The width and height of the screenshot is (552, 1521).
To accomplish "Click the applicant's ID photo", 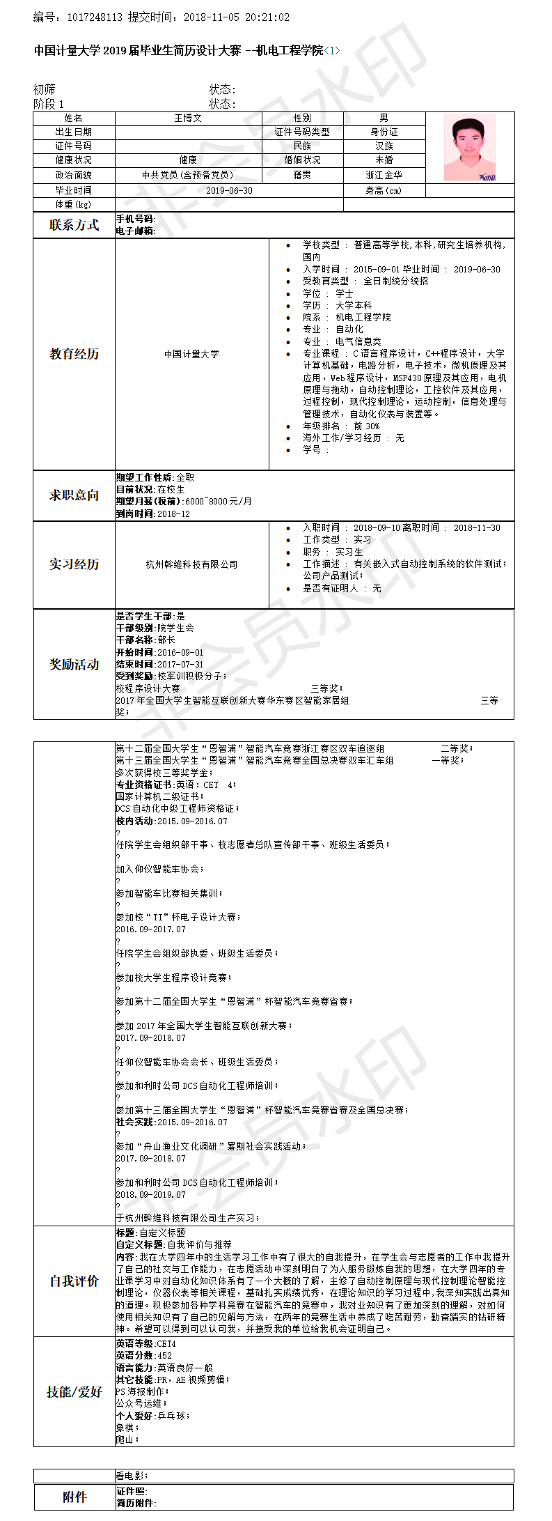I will (x=470, y=148).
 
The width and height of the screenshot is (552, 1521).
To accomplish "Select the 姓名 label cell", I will (x=73, y=118).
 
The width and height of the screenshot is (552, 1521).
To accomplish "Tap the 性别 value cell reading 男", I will (x=384, y=118).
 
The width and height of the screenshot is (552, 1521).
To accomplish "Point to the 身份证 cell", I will (x=384, y=132).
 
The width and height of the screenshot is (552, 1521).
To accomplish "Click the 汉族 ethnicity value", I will (x=384, y=146).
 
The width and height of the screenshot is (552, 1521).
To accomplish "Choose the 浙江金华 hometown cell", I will (x=384, y=176).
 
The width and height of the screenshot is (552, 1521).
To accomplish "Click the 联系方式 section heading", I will (x=74, y=225).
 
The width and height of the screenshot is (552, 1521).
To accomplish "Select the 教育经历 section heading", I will (x=74, y=354).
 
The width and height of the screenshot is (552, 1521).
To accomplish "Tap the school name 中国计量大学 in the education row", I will (x=191, y=354).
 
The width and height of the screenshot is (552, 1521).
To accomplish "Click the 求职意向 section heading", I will (x=74, y=495).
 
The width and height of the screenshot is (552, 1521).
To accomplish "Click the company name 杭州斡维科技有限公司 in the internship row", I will (x=191, y=564).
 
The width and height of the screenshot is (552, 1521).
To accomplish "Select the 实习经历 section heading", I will (x=74, y=564).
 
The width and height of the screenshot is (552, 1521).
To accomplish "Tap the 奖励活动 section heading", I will (x=74, y=665).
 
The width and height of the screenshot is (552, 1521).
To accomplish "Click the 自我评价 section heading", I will (x=74, y=1281).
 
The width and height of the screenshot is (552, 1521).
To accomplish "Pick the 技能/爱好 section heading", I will (x=74, y=1391).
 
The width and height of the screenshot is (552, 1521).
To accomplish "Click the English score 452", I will (x=164, y=1355).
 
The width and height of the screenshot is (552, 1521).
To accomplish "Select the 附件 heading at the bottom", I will (x=74, y=1497).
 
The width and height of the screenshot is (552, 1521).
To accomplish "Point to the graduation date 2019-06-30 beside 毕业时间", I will (x=229, y=190).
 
